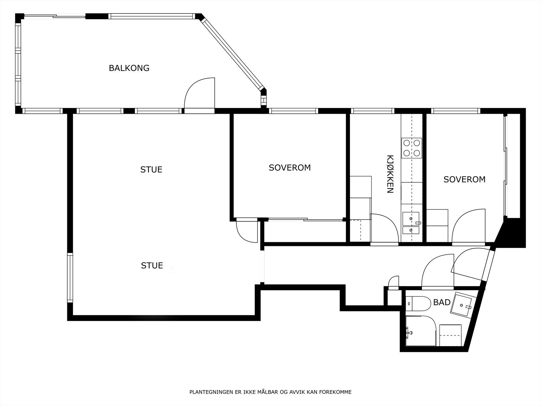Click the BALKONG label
click(129, 68)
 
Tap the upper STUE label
click(151, 170)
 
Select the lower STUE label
click(152, 266)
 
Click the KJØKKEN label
click(390, 174)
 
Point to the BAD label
click(442, 302)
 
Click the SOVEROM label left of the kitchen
click(289, 167)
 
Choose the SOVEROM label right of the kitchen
click(464, 179)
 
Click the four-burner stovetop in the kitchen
click(411, 148)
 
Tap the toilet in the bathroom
click(418, 304)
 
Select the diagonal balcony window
click(233, 54)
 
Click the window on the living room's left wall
click(70, 278)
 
